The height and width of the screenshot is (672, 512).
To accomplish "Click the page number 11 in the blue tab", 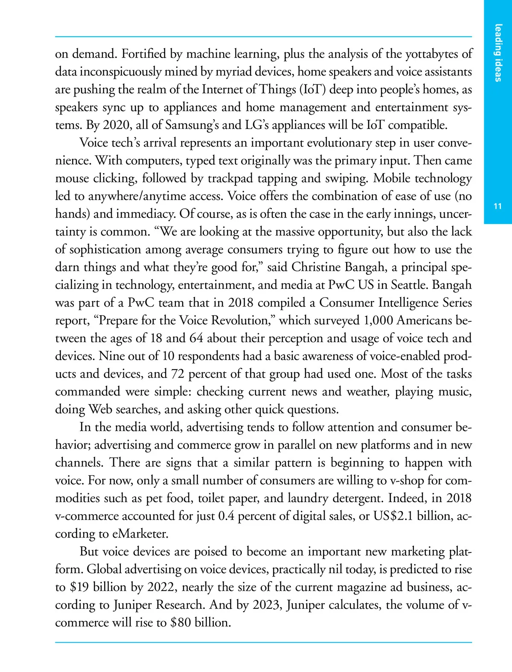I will click(497, 207).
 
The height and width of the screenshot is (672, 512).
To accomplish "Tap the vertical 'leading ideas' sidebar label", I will click(498, 53).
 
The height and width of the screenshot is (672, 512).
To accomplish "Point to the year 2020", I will click(115, 125).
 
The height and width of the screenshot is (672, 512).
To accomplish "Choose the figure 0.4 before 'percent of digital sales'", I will click(226, 516).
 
